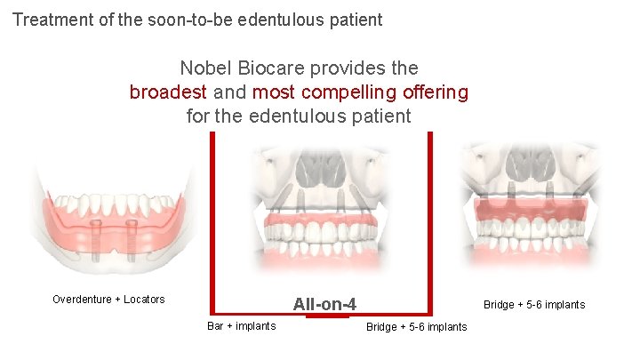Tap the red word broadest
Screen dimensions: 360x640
(168, 92)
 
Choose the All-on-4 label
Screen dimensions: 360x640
(324, 305)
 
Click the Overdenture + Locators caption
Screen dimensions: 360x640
(108, 300)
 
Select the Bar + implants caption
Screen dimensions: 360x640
(241, 326)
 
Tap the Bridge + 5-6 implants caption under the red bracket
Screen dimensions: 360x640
(416, 327)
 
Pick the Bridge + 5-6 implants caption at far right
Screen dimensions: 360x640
(534, 305)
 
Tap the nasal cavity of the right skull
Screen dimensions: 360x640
(532, 164)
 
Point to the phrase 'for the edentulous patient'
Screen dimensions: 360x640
(299, 116)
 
